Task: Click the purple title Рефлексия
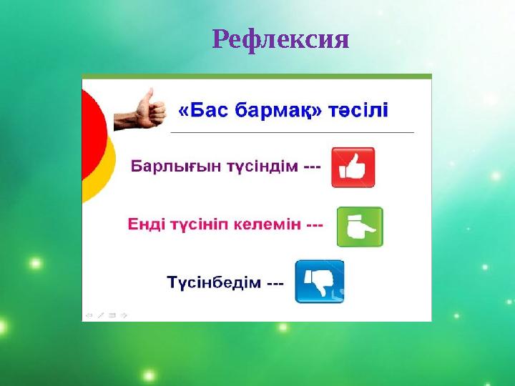(x=280, y=39)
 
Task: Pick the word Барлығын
(x=170, y=167)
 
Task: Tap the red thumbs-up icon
(x=353, y=167)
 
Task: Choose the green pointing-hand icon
(x=360, y=227)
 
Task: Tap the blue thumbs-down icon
(x=319, y=281)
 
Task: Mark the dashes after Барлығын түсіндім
(x=312, y=167)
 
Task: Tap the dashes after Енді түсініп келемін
(x=315, y=224)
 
